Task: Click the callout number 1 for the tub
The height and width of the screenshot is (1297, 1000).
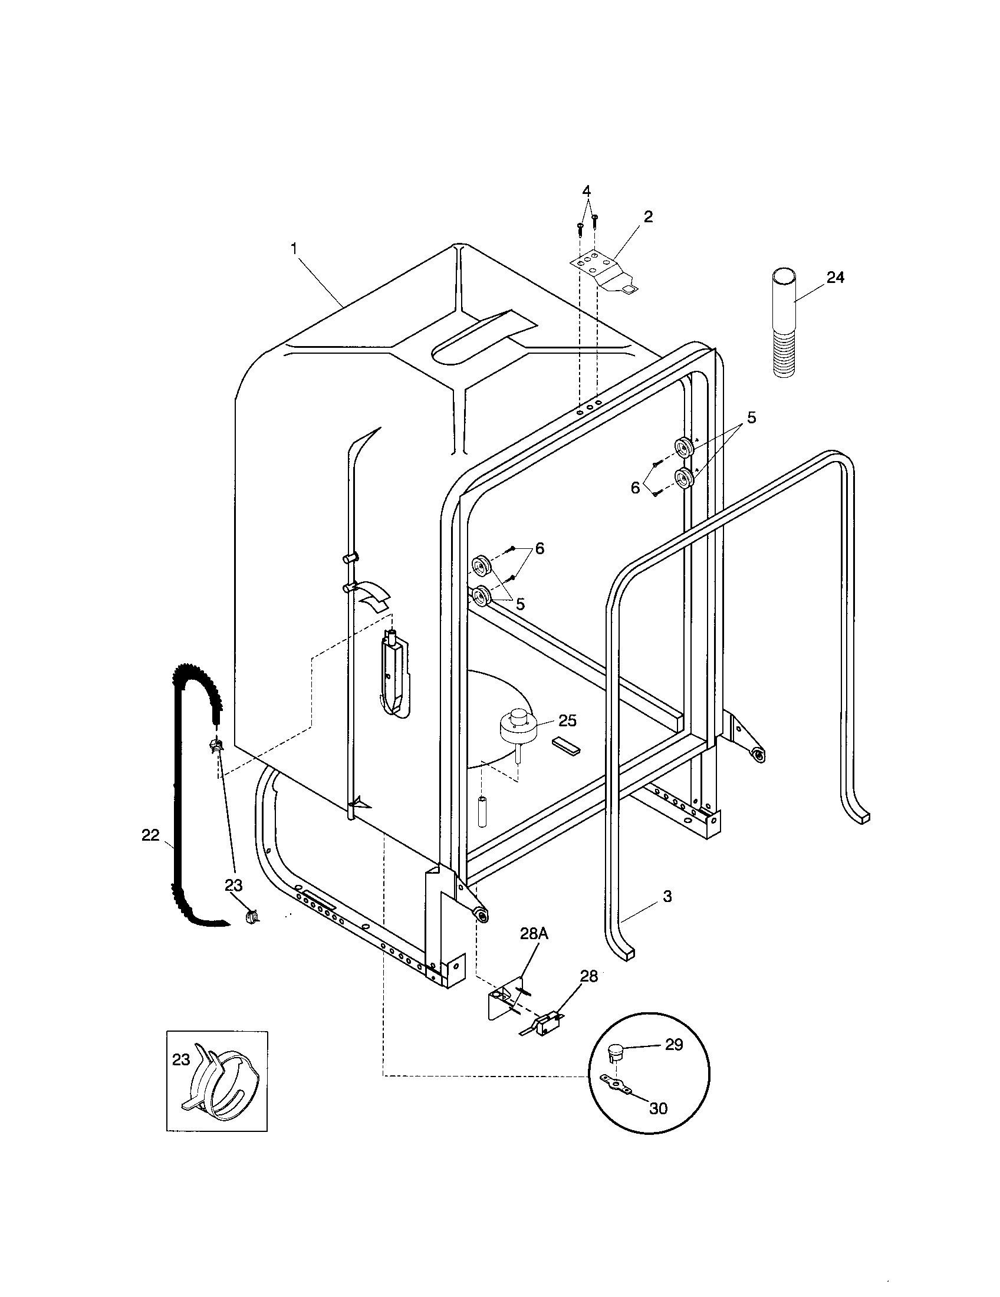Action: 294,249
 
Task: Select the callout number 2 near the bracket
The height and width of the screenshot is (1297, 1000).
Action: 648,218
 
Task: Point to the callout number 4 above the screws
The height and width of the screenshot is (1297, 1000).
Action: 586,191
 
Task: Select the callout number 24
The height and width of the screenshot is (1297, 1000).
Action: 835,277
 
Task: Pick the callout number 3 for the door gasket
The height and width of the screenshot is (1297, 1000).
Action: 667,897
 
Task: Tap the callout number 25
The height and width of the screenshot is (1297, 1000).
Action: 568,720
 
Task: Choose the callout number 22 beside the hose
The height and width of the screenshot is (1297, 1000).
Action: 150,835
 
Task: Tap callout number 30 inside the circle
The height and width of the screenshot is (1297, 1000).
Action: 659,1108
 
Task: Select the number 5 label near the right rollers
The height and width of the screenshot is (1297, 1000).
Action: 751,418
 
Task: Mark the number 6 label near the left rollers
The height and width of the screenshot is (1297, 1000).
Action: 539,549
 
